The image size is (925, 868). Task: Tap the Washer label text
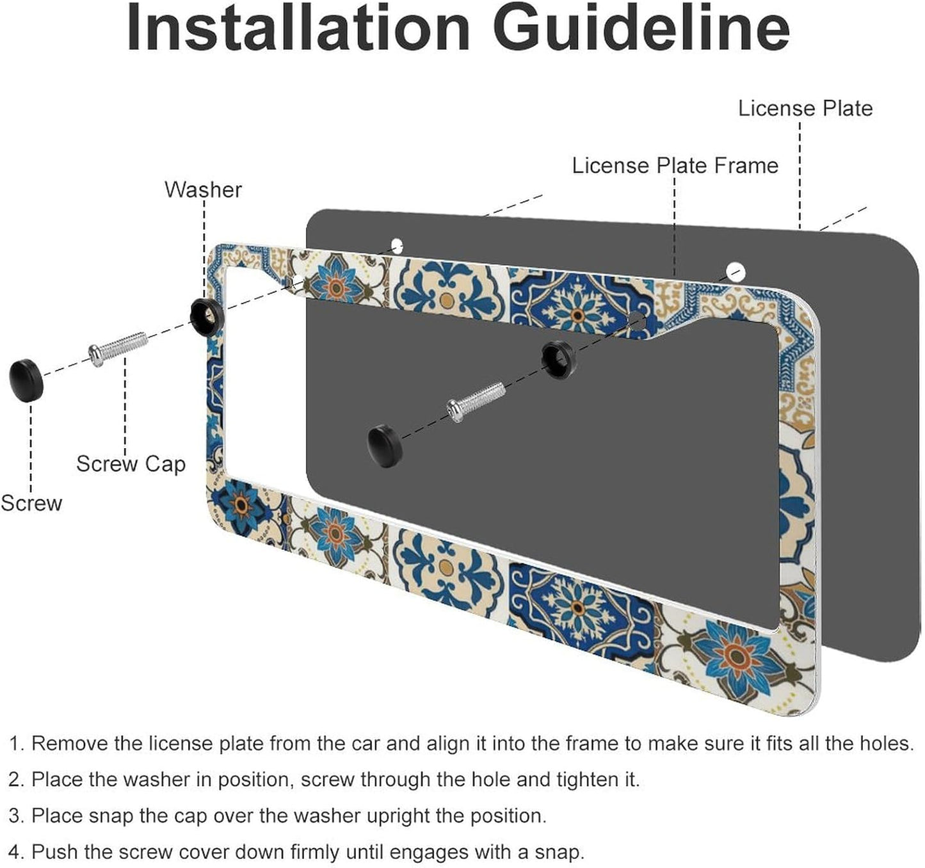pos(203,189)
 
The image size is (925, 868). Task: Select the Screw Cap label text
pos(131,463)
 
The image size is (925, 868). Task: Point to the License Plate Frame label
pos(675,166)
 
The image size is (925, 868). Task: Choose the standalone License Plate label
pos(805,108)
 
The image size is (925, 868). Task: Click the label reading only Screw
pos(31,503)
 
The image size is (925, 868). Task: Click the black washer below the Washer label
pos(206,313)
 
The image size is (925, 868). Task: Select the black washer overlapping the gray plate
pos(558,357)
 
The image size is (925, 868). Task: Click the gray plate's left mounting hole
pos(397,245)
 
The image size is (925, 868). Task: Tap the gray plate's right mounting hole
pos(735,271)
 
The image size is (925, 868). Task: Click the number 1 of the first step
pos(16,744)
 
